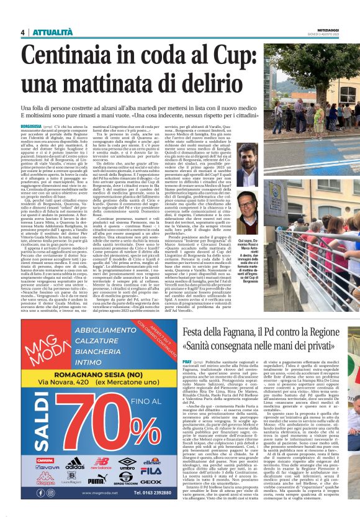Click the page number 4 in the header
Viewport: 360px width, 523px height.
point(22,32)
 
